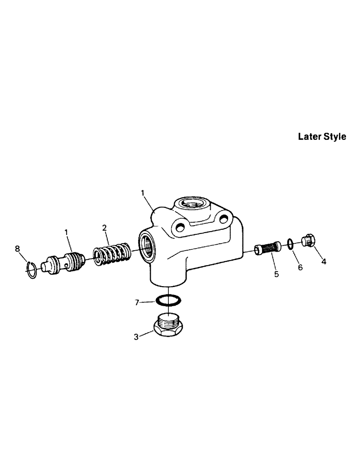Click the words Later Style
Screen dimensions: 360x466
pyautogui.click(x=322, y=137)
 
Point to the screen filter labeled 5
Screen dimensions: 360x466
pyautogui.click(x=268, y=249)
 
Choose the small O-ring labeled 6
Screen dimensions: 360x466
pyautogui.click(x=290, y=243)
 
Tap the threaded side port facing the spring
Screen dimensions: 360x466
pyautogui.click(x=146, y=245)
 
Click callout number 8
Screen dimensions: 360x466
pyautogui.click(x=18, y=249)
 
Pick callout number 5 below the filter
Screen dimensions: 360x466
pyautogui.click(x=276, y=274)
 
